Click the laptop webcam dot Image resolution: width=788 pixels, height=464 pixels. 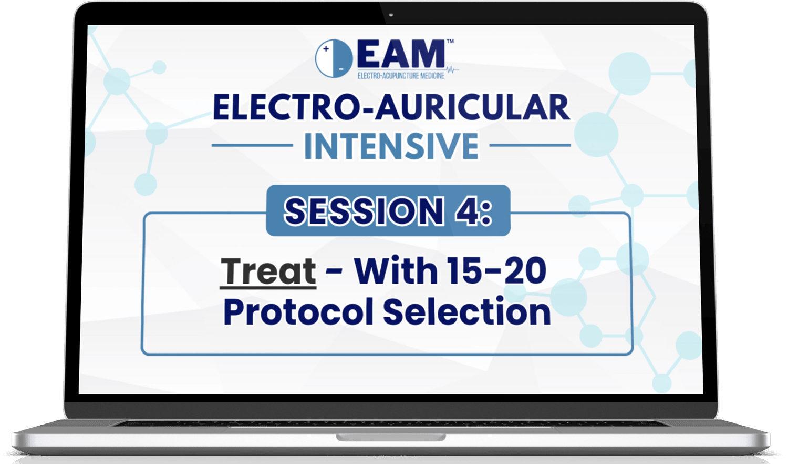(391, 15)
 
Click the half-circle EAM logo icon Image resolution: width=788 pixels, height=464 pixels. (334, 58)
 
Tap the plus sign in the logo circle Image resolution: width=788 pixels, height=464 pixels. (326, 49)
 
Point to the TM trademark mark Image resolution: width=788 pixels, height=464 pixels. (450, 42)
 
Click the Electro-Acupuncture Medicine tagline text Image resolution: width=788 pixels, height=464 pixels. (401, 76)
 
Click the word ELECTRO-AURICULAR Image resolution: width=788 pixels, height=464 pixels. (391, 107)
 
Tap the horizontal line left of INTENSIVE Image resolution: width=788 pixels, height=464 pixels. (252, 145)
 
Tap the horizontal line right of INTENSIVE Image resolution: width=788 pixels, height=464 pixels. (530, 145)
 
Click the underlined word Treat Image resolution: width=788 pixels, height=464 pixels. (268, 271)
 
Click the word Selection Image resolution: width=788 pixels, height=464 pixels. (467, 311)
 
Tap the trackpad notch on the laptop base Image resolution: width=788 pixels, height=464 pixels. (391, 437)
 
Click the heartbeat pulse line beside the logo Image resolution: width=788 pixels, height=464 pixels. (452, 70)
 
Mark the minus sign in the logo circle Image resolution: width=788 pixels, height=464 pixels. (341, 69)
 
